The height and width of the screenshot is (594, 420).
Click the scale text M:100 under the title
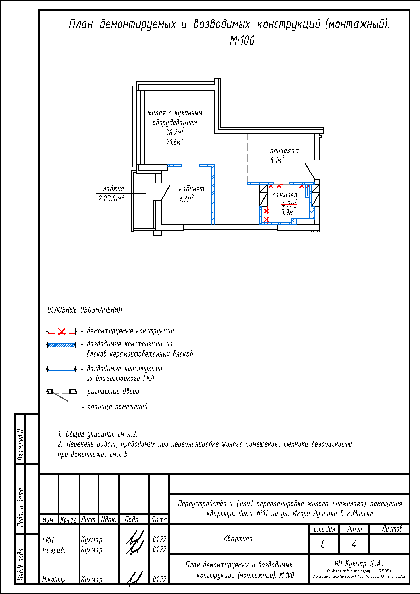tap(242, 41)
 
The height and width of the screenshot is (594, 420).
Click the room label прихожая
tap(284, 151)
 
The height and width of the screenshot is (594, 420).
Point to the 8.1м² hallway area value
tap(277, 160)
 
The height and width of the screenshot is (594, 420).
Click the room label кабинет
tap(191, 189)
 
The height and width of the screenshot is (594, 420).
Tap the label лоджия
tap(114, 189)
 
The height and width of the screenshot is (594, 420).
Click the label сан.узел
tap(285, 195)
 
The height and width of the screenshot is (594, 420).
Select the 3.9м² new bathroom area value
tap(288, 212)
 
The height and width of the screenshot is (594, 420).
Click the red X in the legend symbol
tap(61, 332)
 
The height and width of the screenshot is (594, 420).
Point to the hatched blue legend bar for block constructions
tap(61, 345)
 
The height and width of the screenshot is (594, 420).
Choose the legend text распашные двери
tap(113, 392)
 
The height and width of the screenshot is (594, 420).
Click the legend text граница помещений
tap(117, 407)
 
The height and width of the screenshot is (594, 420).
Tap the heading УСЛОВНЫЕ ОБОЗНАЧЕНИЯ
tap(85, 310)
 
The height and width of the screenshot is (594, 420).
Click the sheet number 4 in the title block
tap(354, 544)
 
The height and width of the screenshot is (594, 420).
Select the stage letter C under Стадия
tap(323, 544)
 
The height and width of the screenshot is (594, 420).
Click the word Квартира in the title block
tap(238, 539)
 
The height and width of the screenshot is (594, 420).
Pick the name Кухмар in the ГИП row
tap(92, 540)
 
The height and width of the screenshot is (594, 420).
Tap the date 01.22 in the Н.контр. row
tap(159, 580)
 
